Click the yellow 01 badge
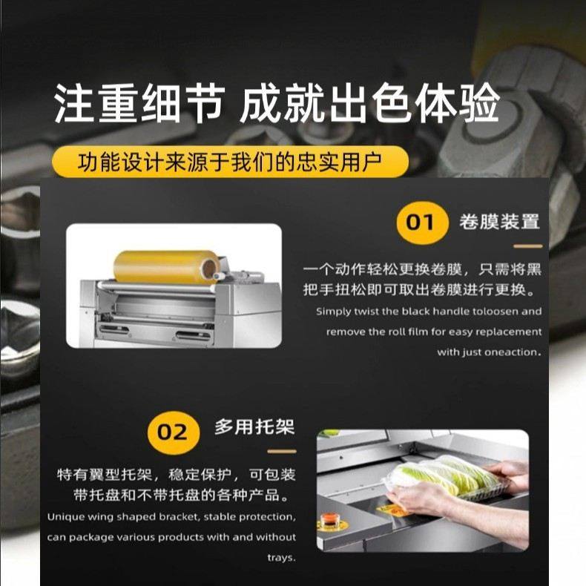[x=421, y=223]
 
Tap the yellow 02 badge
[x=172, y=431]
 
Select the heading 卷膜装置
[x=499, y=222]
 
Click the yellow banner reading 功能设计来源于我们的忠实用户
[x=231, y=161]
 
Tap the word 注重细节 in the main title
[x=138, y=105]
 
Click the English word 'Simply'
[x=333, y=312]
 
